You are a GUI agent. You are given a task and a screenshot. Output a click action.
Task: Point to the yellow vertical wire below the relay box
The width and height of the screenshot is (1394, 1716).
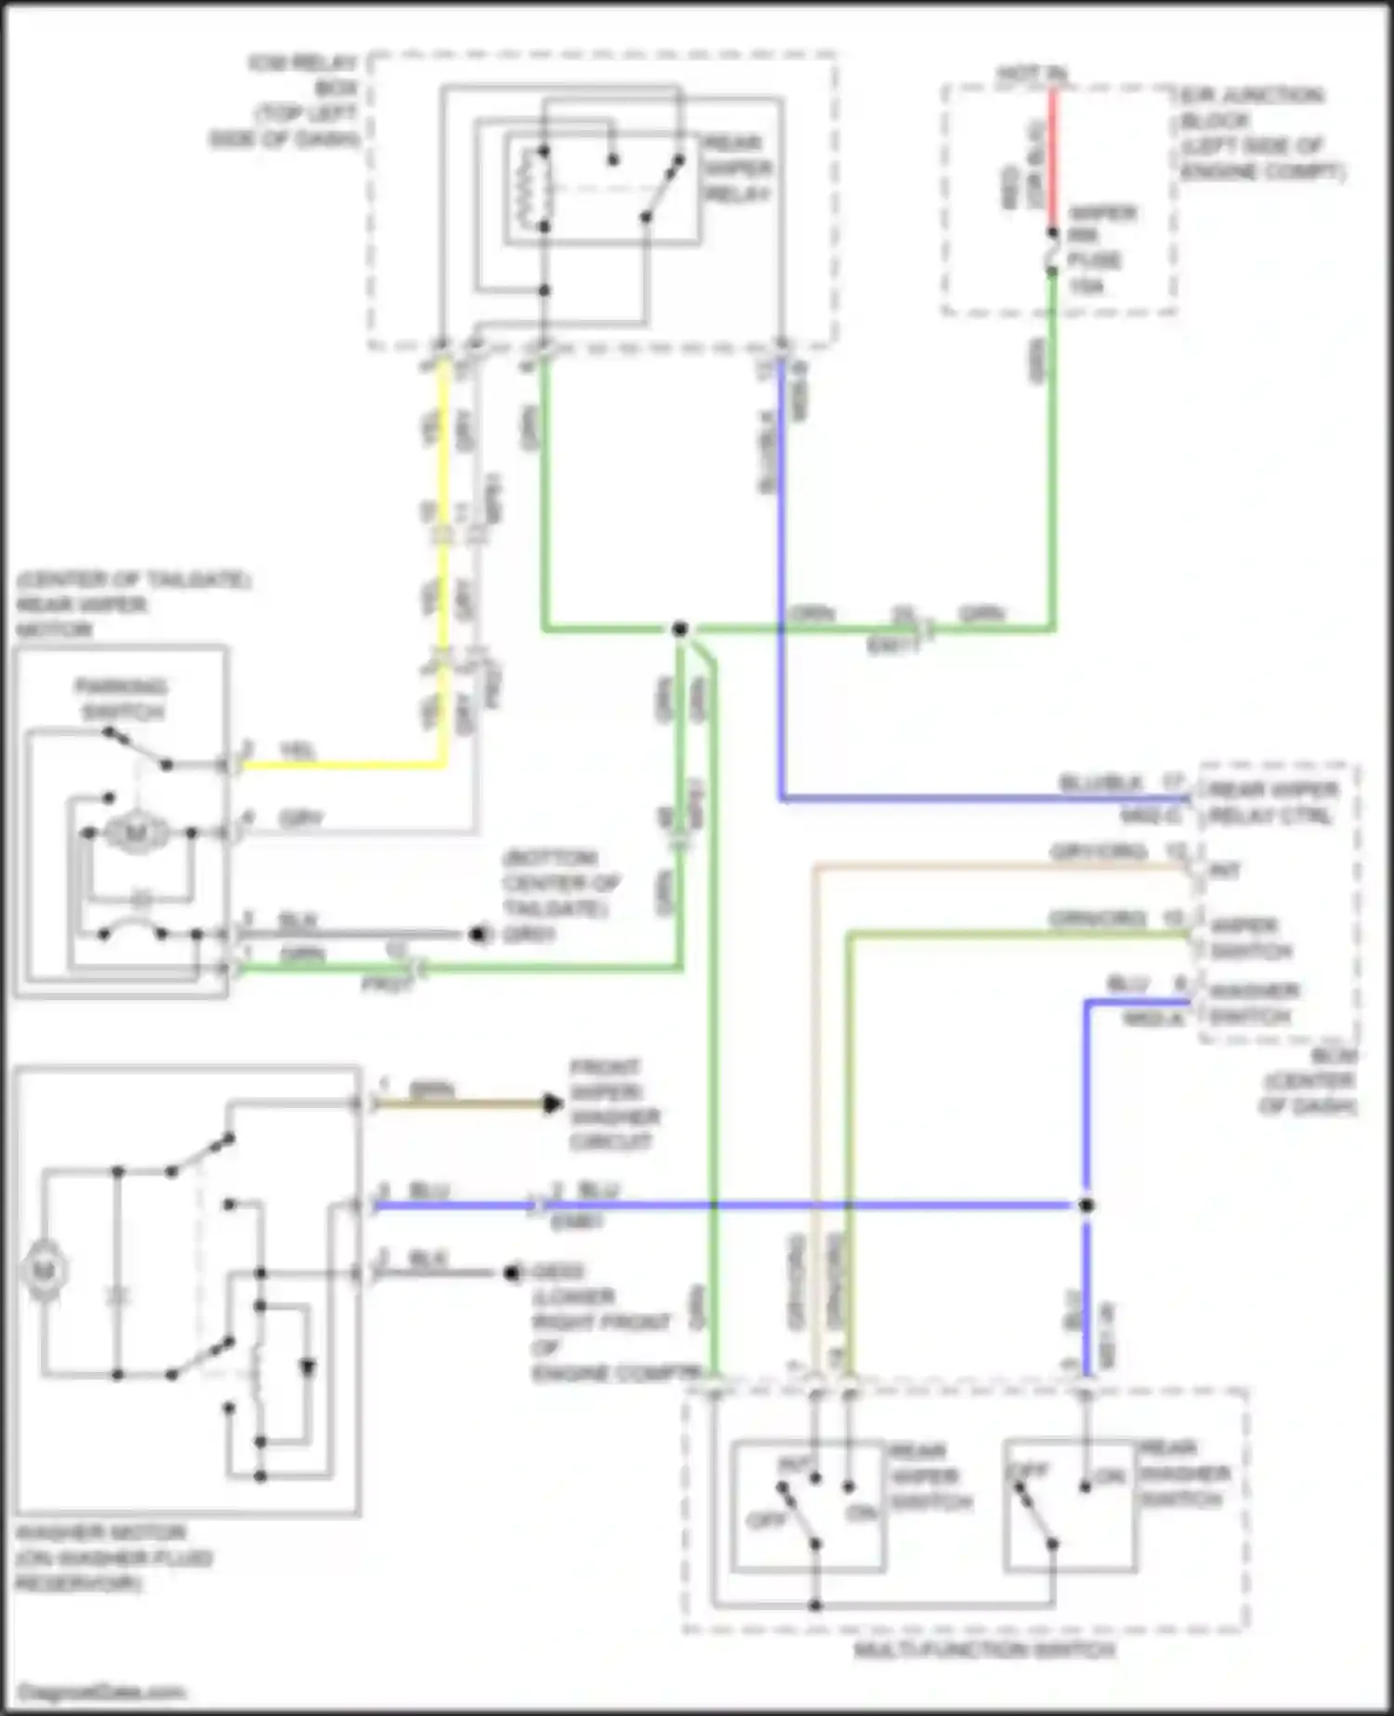(444, 558)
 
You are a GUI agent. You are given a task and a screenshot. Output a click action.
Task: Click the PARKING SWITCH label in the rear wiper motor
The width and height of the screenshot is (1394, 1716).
(122, 700)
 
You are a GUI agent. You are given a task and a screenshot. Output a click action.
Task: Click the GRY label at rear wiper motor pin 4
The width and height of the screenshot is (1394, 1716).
(301, 819)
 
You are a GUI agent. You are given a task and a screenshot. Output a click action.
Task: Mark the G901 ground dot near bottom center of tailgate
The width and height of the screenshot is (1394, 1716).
(479, 934)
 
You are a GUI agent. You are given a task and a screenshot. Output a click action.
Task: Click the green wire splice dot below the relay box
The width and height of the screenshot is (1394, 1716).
(680, 629)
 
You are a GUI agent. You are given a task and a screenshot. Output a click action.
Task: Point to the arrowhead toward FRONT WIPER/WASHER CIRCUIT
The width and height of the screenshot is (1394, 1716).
(552, 1104)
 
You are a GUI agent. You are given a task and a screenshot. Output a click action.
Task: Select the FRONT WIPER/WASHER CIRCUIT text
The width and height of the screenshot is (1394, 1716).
(613, 1104)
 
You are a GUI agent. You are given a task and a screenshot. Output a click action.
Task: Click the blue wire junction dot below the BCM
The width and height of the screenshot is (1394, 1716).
(1085, 1206)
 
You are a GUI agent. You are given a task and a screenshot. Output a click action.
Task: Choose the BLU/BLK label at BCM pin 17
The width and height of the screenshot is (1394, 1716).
(1100, 784)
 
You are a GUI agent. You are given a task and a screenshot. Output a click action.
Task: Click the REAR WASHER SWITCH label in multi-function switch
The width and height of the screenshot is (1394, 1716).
(1184, 1473)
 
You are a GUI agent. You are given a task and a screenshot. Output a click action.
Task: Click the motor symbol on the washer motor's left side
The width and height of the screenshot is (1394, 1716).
(45, 1270)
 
